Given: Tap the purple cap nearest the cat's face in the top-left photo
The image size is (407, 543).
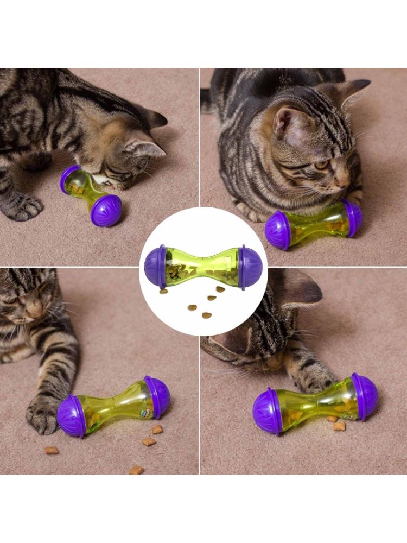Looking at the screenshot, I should (70, 179).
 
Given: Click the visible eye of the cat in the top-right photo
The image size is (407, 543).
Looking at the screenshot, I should (322, 163).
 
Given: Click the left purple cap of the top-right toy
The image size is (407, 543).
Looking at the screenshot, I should (278, 230).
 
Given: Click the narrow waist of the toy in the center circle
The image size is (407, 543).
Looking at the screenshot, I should (203, 263).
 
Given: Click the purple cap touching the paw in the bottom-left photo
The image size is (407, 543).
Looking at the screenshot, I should (72, 416).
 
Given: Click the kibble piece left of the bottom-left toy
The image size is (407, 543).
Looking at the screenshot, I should (52, 450).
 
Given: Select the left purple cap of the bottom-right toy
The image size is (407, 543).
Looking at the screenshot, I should (267, 411).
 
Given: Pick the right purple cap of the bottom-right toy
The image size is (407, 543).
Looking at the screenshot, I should (364, 396).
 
